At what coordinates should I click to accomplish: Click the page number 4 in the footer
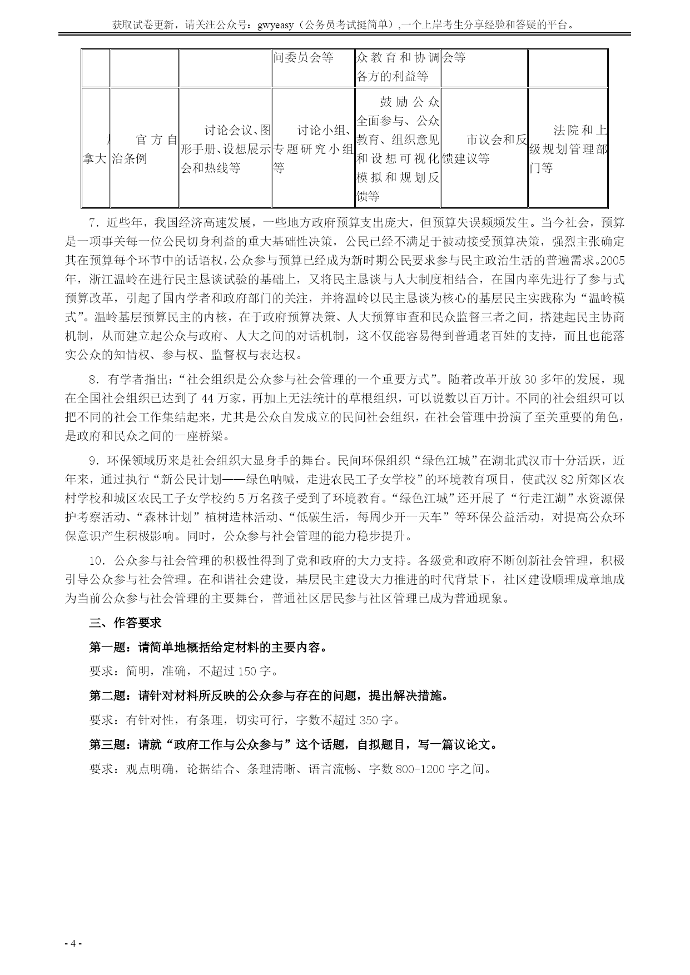tap(73, 943)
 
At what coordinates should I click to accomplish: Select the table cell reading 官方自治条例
tap(145, 148)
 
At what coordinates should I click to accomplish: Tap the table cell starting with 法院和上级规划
tap(567, 148)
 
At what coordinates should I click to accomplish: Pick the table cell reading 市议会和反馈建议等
tap(484, 148)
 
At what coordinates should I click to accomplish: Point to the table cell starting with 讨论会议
tap(225, 148)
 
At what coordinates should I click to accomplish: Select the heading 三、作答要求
tap(125, 623)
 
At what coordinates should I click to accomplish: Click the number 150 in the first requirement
tap(247, 671)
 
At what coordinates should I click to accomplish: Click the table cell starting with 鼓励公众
tap(398, 148)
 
